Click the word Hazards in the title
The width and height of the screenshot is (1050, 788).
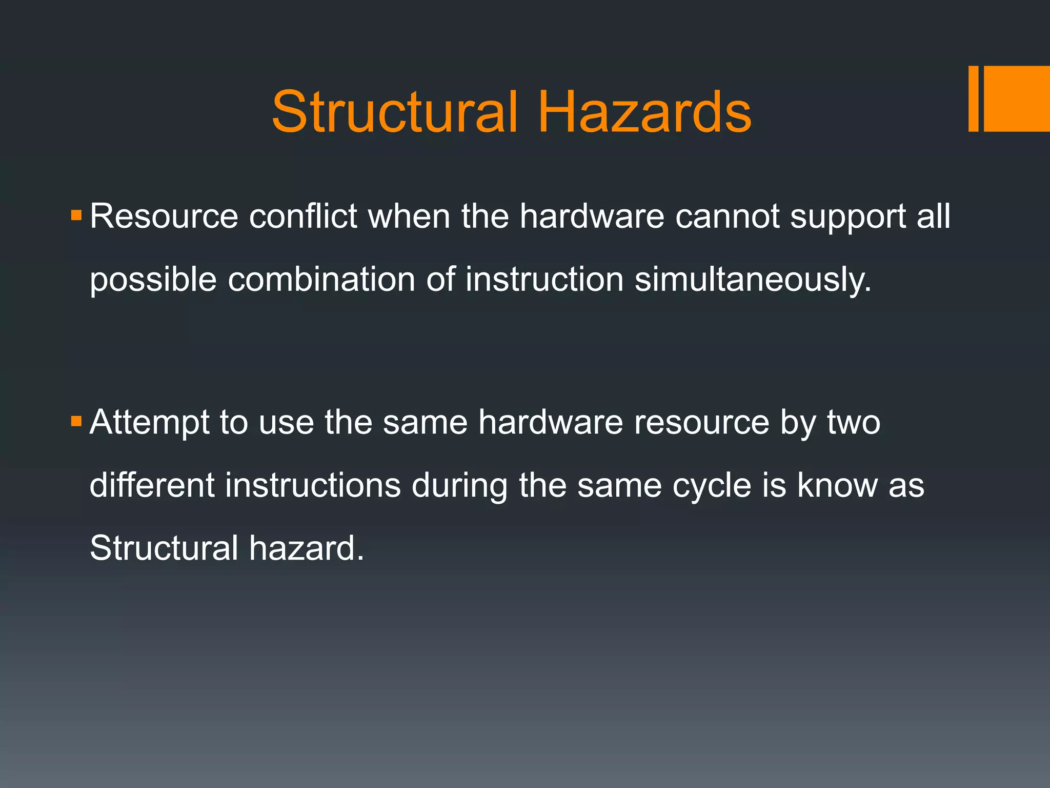[x=644, y=112]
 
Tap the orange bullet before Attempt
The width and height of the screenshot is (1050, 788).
[x=76, y=421]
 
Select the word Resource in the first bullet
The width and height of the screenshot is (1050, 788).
[x=164, y=216]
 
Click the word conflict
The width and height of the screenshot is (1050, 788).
[x=303, y=216]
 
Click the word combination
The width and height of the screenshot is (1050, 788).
[x=321, y=280]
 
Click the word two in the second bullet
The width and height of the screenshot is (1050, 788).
[x=854, y=423]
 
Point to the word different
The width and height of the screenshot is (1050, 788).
[x=152, y=485]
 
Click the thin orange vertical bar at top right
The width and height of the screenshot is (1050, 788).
[x=973, y=98]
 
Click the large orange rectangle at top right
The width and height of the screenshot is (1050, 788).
[x=1017, y=98]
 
